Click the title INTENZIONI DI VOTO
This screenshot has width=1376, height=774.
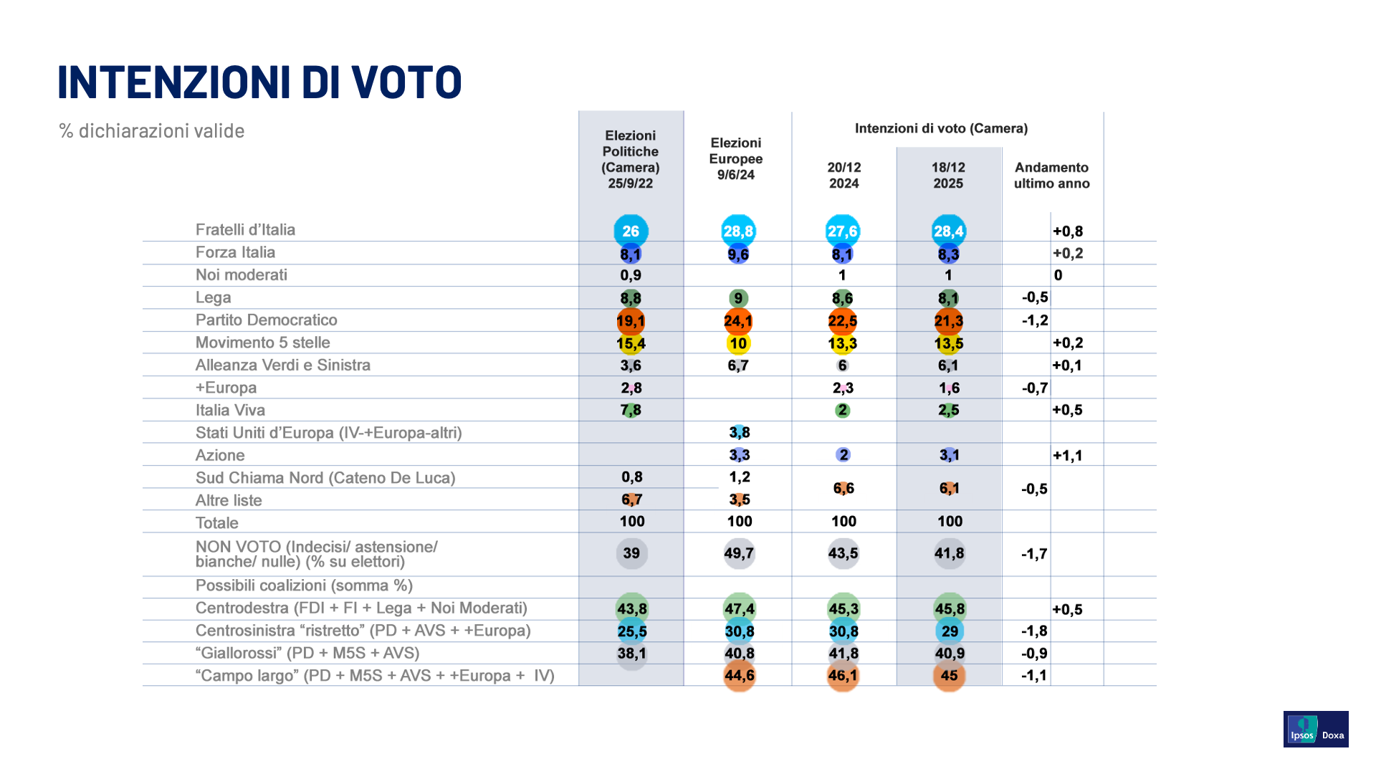(x=259, y=82)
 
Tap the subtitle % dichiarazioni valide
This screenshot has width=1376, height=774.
(x=152, y=131)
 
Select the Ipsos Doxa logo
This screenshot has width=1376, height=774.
(x=1315, y=729)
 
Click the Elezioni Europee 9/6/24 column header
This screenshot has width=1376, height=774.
(x=736, y=159)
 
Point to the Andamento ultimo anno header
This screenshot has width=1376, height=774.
(x=1051, y=176)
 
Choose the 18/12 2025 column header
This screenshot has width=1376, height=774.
(x=948, y=176)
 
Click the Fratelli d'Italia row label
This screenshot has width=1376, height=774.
(x=245, y=230)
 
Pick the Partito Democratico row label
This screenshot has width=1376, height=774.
(x=266, y=320)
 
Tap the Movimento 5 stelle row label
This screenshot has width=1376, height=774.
(x=262, y=343)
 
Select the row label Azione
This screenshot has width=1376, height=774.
(x=220, y=455)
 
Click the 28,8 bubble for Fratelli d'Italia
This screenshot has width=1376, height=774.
(x=738, y=231)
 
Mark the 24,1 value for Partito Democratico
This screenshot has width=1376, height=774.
(x=738, y=321)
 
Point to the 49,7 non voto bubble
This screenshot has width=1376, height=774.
(x=739, y=553)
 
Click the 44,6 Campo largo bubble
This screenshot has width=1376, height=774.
(x=739, y=676)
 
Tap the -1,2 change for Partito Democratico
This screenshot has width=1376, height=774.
(x=1035, y=320)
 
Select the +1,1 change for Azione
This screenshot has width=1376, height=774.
(x=1067, y=455)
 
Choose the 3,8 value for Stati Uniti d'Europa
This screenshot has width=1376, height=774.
(x=740, y=432)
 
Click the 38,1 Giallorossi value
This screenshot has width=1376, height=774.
(x=631, y=654)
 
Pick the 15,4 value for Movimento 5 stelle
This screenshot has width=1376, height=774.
(x=631, y=343)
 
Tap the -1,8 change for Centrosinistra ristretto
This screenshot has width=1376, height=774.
(x=1034, y=631)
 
